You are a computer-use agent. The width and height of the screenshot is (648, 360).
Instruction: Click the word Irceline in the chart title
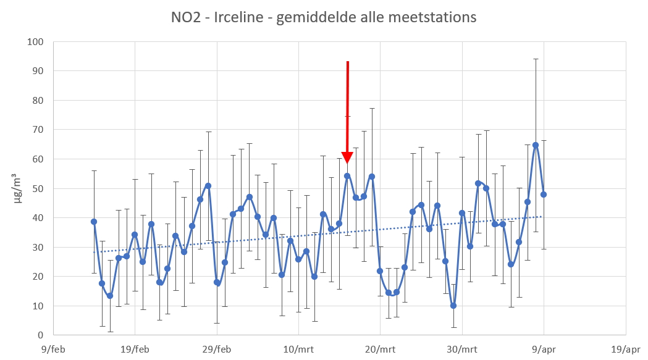tap(238, 17)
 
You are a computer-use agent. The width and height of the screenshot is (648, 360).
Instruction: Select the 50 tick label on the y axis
tap(39, 188)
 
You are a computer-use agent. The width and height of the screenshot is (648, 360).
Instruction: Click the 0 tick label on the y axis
tap(41, 335)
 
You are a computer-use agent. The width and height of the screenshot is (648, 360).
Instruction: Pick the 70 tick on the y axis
tap(39, 130)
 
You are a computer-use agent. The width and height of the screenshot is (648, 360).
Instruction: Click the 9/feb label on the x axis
tap(54, 348)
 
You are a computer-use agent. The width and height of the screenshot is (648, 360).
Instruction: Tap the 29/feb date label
tap(217, 348)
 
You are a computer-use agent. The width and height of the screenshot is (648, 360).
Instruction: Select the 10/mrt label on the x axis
tap(298, 348)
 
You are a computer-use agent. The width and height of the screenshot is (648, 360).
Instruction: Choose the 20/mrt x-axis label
tap(380, 348)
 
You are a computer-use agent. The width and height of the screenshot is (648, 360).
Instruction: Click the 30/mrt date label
tap(461, 348)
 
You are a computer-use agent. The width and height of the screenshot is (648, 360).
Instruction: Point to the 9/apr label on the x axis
tap(544, 348)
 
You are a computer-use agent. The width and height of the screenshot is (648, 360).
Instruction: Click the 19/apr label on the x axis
tap(625, 348)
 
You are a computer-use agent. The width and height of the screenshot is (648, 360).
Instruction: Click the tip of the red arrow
tap(347, 163)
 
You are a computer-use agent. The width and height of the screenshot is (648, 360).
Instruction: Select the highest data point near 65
tap(536, 145)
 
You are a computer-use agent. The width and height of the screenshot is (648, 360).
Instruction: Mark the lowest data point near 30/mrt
tap(453, 306)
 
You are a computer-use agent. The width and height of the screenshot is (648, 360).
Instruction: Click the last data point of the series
tap(544, 195)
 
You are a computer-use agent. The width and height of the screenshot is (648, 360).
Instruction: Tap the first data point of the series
tap(94, 222)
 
